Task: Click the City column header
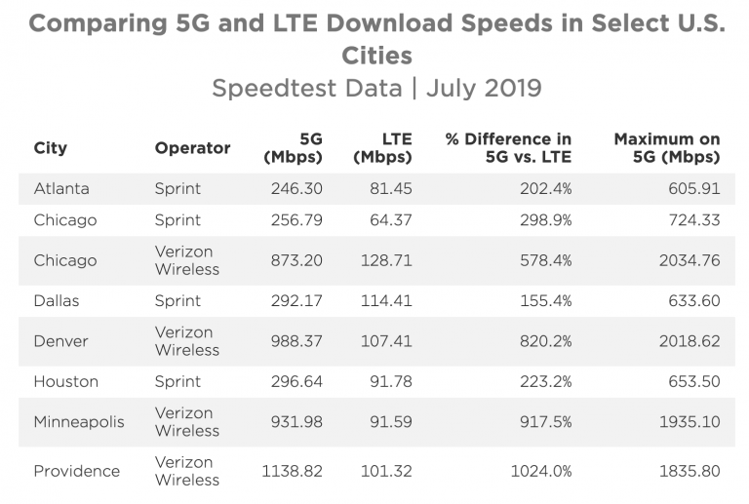50,148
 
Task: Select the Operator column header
192,148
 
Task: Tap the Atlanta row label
60,188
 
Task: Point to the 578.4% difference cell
546,260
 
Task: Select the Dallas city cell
57,301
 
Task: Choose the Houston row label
65,382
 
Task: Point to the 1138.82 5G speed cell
293,471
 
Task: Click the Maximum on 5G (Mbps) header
667,148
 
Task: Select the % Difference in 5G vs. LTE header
508,148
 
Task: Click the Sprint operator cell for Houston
177,382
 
